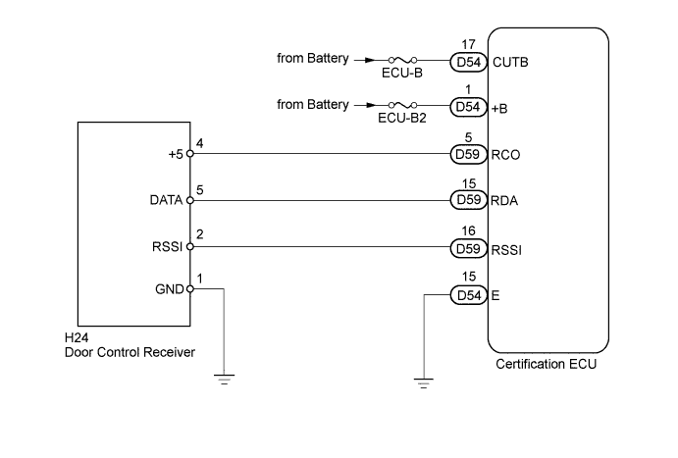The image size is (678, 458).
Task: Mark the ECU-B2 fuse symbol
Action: click(402, 106)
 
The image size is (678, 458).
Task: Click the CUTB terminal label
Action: click(507, 61)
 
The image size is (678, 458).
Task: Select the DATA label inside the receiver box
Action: click(166, 200)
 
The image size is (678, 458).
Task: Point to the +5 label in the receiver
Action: click(175, 153)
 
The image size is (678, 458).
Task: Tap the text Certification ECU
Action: click(548, 365)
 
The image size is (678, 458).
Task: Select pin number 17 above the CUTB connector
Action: click(467, 43)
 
